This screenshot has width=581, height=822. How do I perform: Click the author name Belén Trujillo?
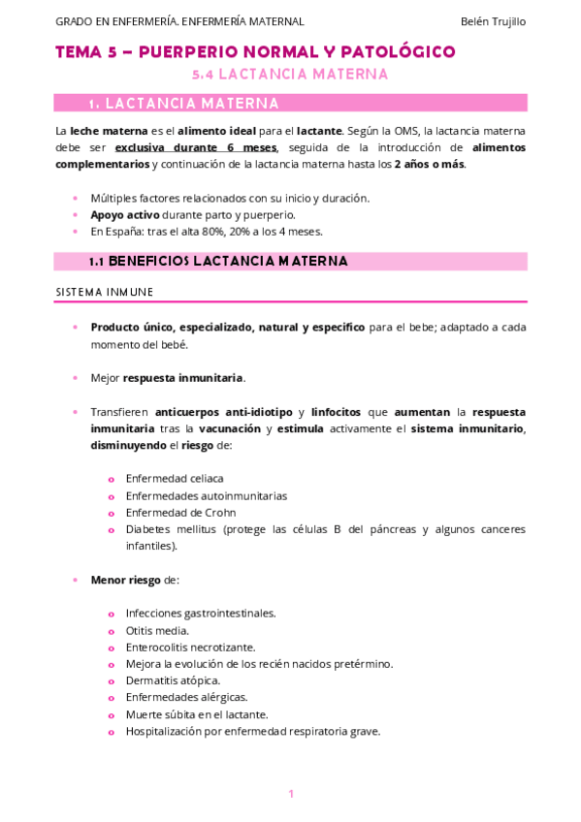click(x=494, y=21)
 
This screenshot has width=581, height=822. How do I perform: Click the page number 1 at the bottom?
click(x=290, y=794)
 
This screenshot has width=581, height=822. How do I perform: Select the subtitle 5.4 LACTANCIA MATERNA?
click(x=290, y=74)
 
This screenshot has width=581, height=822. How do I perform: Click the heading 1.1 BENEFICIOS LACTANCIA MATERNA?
click(x=217, y=262)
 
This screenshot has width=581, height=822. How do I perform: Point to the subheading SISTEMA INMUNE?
click(x=104, y=292)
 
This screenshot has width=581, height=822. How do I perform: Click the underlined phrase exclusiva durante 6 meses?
click(x=195, y=147)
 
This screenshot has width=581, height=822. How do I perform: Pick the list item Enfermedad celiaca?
click(x=175, y=478)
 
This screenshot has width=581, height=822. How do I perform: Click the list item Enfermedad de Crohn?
click(x=180, y=512)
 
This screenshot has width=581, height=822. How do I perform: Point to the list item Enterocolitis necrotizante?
click(x=190, y=647)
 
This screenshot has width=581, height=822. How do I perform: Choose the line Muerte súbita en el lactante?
click(x=197, y=713)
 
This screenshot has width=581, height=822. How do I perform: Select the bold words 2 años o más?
click(x=430, y=164)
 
